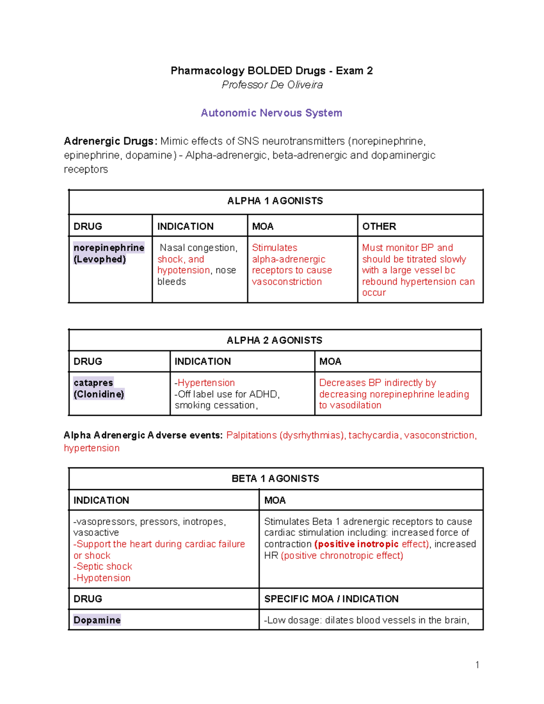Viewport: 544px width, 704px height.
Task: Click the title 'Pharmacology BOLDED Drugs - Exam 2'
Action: pos(272,71)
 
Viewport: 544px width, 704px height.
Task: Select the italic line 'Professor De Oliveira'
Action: pos(272,85)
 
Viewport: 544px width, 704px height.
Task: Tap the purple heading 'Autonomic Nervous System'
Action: pos(271,113)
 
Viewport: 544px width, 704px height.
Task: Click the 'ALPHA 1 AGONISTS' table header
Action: pos(275,201)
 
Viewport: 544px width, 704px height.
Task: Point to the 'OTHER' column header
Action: pos(379,226)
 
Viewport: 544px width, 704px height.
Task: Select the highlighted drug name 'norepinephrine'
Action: pos(109,248)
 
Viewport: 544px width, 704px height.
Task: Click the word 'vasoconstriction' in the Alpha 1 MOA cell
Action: pos(287,282)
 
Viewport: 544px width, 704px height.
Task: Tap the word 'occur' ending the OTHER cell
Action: pos(374,293)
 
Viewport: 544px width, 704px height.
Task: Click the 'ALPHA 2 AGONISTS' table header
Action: pos(274,340)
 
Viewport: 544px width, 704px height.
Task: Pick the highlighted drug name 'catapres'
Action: pos(93,383)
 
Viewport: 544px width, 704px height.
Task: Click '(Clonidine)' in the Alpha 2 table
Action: pos(99,394)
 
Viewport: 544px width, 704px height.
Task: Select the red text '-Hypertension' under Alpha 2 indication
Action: pos(205,383)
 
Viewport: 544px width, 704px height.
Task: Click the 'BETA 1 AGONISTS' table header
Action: pos(275,479)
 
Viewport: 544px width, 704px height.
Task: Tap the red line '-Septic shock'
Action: pos(103,567)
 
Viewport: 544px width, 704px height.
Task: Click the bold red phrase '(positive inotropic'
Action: pos(356,544)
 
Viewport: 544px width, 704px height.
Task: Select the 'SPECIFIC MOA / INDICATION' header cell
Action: pos(331,599)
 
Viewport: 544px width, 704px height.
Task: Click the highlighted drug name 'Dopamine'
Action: pos(97,620)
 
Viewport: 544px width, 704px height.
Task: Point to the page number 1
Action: pos(477,665)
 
